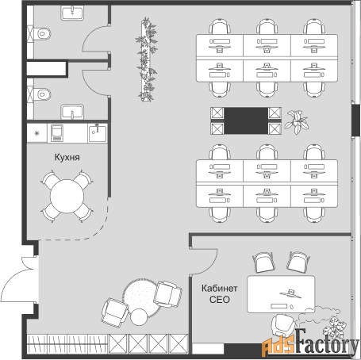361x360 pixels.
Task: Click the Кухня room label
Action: [67, 157]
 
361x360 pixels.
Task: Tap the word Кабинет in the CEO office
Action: [219, 288]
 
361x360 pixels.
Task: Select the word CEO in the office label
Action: [220, 300]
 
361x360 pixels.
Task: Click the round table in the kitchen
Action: [67, 196]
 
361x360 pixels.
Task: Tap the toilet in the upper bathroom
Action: [42, 33]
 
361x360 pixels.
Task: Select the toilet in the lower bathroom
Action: [42, 94]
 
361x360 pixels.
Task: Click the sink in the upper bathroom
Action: [72, 13]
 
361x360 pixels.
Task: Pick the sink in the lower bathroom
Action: [72, 112]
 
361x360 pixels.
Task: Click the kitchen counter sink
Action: [98, 133]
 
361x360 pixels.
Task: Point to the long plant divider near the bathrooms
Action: [147, 59]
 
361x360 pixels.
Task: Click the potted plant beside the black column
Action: [297, 122]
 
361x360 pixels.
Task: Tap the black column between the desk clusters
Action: [246, 121]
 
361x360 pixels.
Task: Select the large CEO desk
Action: [281, 294]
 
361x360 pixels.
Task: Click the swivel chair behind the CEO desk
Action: [283, 324]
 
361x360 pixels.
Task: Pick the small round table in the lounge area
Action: [139, 317]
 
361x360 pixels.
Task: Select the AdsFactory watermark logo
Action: [310, 343]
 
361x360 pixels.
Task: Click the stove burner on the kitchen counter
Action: [37, 133]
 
